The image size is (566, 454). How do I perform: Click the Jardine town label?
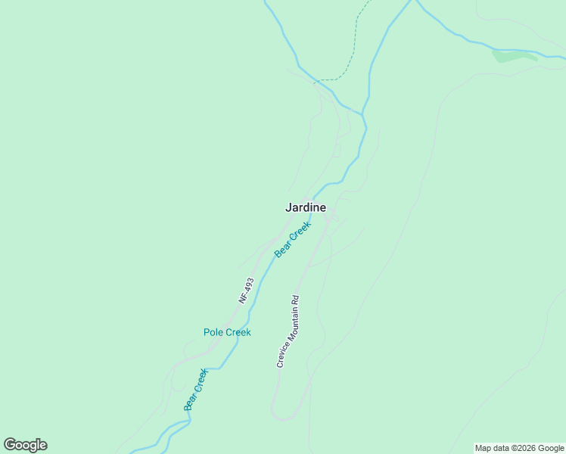point(306,207)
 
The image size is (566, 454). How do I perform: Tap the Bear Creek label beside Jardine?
point(293,239)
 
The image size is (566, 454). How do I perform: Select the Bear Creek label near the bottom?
point(195,390)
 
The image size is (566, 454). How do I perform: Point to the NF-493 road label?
point(246,291)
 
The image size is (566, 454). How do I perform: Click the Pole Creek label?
point(227,332)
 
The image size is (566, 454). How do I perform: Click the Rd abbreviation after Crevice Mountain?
point(297,299)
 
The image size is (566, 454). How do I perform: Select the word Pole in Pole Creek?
point(213,332)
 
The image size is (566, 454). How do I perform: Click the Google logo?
point(26,445)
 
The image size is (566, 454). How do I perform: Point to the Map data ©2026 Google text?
point(520,448)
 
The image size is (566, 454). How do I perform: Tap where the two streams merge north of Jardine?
point(363,114)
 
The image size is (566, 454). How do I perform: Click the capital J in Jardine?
point(288,207)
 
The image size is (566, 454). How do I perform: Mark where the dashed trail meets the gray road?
point(316,80)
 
